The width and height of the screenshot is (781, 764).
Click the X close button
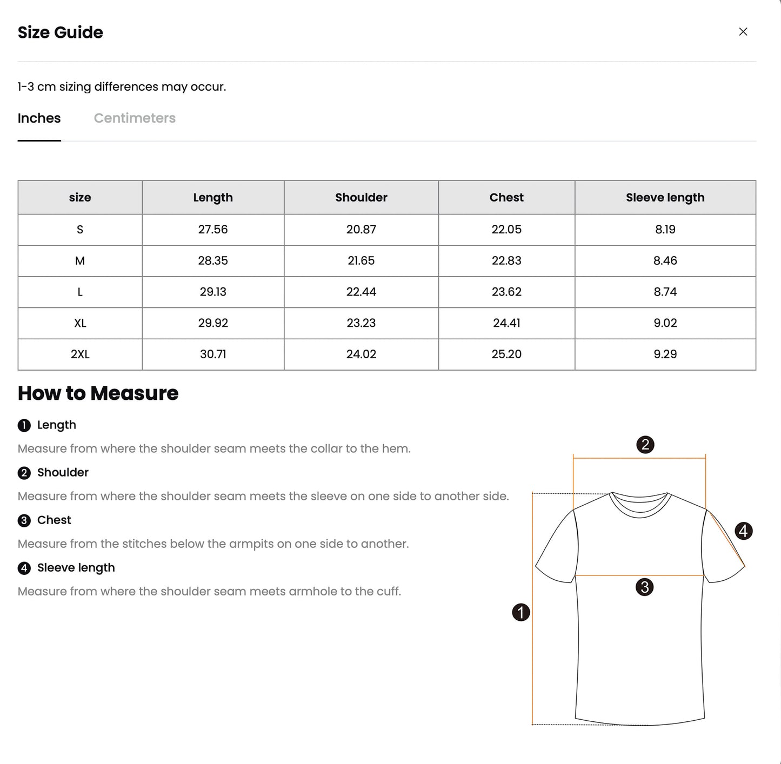(743, 32)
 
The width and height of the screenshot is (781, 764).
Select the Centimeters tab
(135, 118)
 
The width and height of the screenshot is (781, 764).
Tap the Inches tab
(39, 118)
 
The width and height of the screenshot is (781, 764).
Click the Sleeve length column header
(665, 198)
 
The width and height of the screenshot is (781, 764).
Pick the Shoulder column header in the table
(361, 198)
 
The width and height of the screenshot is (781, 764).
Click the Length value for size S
(213, 230)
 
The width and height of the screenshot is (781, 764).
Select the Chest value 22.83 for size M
(506, 261)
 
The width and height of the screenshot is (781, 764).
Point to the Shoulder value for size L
(361, 292)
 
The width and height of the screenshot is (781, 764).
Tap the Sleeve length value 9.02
(665, 323)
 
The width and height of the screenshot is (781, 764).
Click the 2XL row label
(80, 354)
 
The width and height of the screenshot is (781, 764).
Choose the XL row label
(80, 323)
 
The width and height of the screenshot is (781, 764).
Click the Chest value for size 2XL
(506, 354)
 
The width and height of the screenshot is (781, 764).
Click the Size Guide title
(61, 32)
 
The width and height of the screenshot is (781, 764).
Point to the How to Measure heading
(98, 393)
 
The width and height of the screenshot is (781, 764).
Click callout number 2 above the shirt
(645, 445)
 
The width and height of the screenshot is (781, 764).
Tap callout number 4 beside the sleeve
(744, 531)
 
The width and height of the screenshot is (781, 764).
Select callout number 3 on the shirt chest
(644, 587)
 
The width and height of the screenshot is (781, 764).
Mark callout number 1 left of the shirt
(520, 612)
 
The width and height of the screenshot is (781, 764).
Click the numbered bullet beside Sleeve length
(24, 568)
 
